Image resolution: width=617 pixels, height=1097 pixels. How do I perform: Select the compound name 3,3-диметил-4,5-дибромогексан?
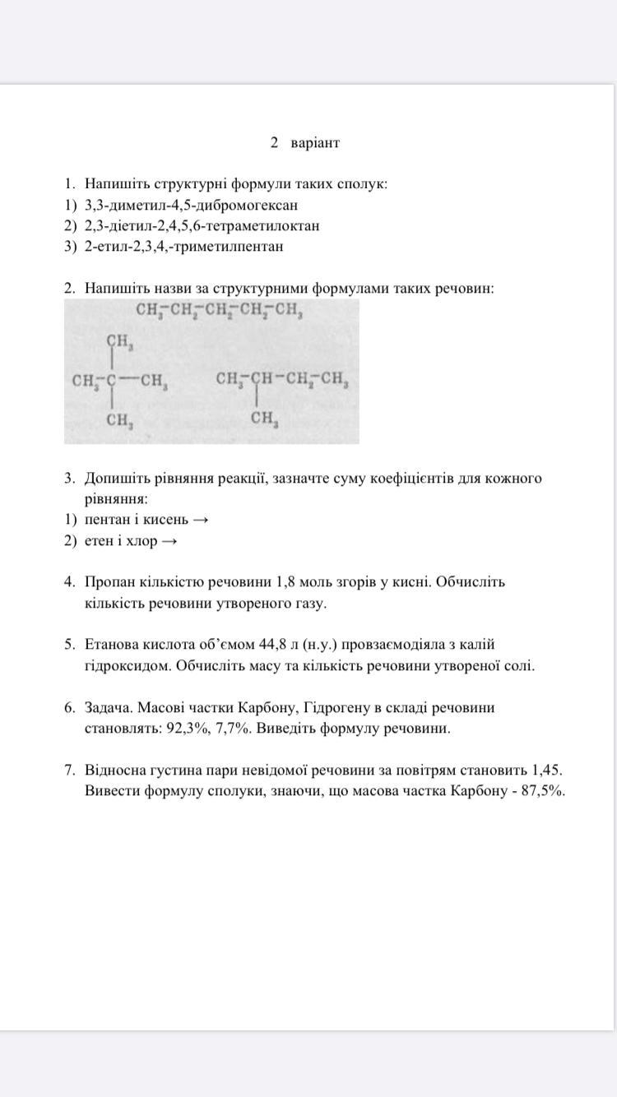[x=191, y=205]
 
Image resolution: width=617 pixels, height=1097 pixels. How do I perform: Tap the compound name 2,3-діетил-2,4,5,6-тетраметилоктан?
[x=202, y=225]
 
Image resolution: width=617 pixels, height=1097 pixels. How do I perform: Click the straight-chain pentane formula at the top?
[x=220, y=311]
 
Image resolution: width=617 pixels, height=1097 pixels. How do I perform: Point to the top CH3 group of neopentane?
[x=120, y=340]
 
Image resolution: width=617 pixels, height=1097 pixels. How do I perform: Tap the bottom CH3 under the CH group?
[x=264, y=419]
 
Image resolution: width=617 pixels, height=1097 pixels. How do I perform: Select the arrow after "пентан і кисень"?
[x=200, y=520]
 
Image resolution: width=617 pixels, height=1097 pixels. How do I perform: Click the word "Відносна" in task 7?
[x=114, y=771]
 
